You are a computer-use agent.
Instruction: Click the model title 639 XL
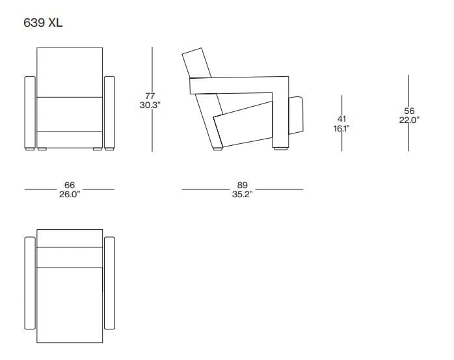coord(44,23)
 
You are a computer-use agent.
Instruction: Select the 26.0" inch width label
coord(69,194)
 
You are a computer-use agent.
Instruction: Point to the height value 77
coord(150,96)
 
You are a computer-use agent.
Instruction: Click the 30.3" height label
coord(150,105)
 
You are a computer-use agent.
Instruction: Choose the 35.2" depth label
coord(242,194)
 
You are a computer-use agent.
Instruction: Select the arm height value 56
coord(409,111)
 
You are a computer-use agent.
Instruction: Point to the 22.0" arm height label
coord(409,119)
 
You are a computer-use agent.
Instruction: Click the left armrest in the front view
coord(29,113)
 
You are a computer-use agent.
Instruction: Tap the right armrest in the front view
coord(109,113)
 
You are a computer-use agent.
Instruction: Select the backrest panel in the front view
coord(70,72)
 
